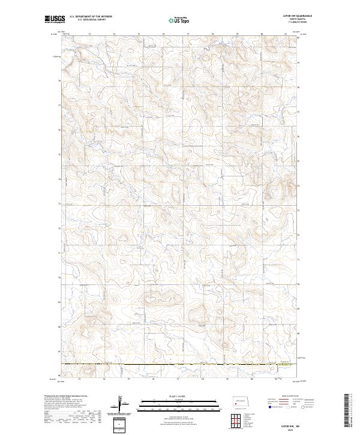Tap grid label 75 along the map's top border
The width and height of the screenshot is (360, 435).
click(139, 34)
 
